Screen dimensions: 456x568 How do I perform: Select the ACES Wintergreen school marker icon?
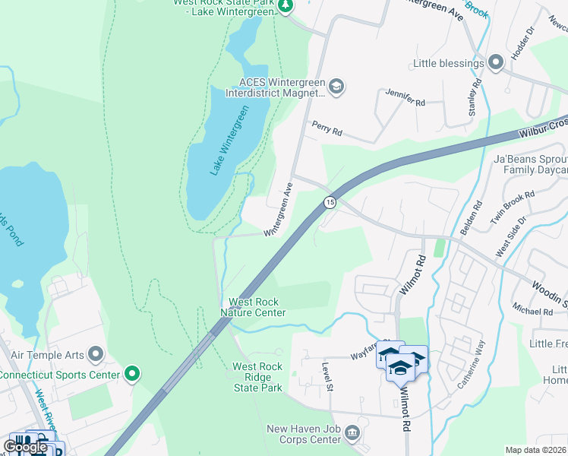337,87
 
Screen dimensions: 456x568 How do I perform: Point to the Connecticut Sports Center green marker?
132,374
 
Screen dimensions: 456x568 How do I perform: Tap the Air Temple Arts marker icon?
96,353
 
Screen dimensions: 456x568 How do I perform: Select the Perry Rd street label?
327,130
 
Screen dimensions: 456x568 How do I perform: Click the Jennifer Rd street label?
405,98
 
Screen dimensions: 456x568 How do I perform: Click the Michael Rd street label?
532,312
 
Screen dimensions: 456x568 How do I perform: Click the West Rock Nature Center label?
253,308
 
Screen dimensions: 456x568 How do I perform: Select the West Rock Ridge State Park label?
257,377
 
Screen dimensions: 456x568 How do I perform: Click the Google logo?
26,446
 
